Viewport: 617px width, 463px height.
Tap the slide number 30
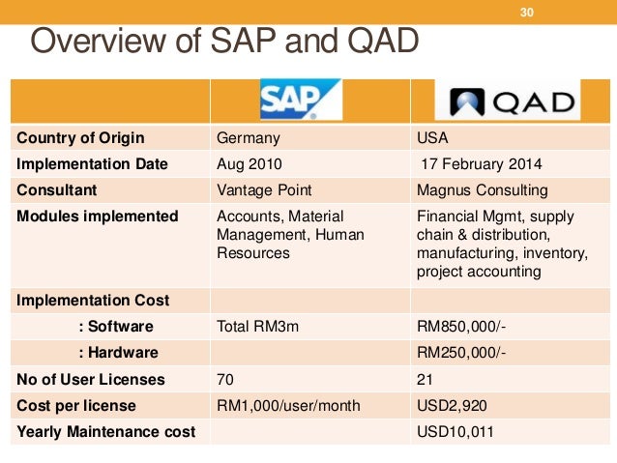[x=527, y=12]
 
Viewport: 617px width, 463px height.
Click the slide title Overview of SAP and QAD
[x=224, y=43]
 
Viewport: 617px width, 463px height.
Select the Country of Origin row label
[x=80, y=137]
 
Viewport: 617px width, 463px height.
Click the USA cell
[x=432, y=137]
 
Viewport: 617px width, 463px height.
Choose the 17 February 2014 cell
[x=481, y=164]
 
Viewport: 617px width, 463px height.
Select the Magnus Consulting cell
[x=481, y=190]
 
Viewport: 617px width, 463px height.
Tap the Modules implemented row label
[x=98, y=217]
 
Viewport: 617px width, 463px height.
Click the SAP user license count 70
[x=225, y=379]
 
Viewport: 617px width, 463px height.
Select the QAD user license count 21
[x=424, y=379]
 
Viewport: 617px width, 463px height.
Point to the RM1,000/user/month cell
[x=287, y=405]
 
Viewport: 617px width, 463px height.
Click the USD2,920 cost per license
[x=449, y=405]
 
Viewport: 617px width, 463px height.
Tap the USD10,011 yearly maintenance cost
[x=454, y=432]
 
